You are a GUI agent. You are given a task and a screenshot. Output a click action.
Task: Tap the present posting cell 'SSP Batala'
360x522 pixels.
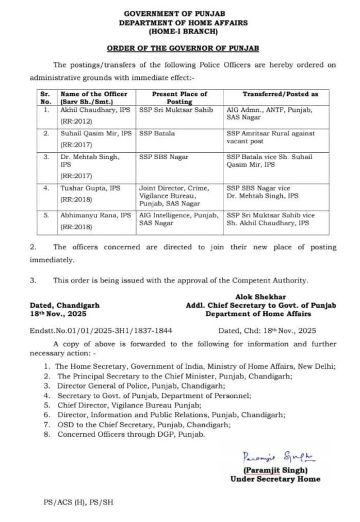[x=157, y=133]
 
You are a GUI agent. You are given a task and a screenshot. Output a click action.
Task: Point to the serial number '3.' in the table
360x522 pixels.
[x=46, y=157]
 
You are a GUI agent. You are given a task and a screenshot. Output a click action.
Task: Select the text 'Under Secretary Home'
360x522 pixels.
[x=275, y=479]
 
